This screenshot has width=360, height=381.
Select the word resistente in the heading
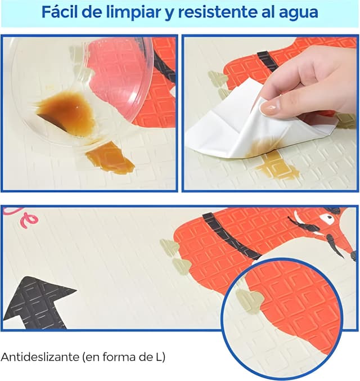pyautogui.click(x=218, y=12)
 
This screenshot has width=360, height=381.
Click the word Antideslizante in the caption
pyautogui.click(x=40, y=357)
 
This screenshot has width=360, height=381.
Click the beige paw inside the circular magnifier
pyautogui.click(x=249, y=301)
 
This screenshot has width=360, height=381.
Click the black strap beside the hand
pyautogui.click(x=268, y=61)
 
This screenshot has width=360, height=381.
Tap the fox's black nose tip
pyautogui.click(x=353, y=256)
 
